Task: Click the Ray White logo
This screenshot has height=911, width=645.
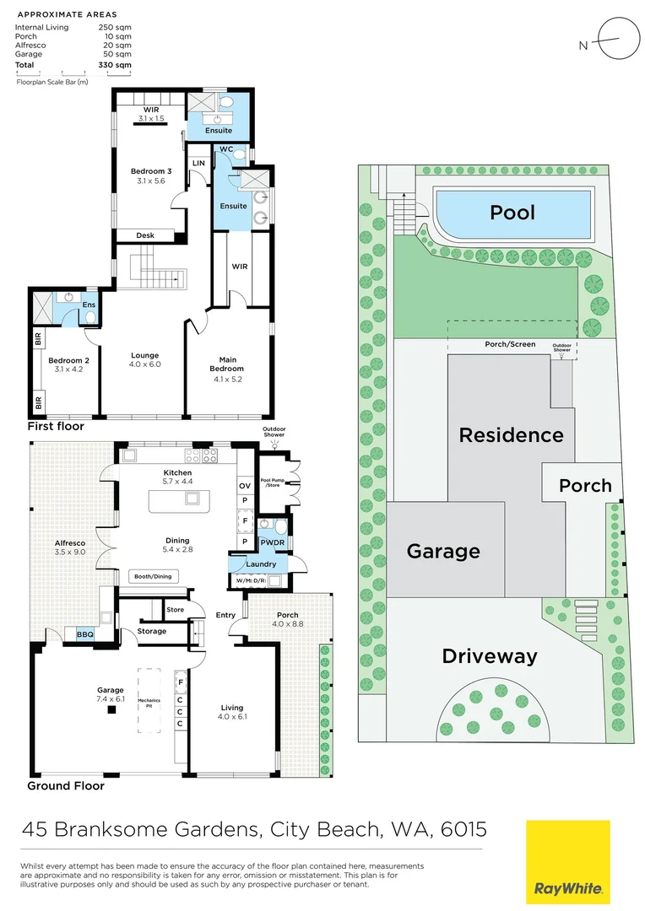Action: point(568,862)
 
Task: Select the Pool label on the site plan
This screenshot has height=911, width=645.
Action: point(512,212)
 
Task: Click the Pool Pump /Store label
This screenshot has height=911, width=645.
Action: point(272,483)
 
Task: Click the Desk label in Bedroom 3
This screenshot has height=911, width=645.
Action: point(145,235)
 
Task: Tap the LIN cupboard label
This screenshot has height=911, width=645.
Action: point(199,163)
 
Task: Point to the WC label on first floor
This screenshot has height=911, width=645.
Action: point(225,148)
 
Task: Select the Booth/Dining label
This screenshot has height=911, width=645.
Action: point(153,577)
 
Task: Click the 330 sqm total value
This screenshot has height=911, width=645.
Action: point(117,64)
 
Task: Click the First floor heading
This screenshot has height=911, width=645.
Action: point(56,426)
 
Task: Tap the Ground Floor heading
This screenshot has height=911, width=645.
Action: point(66,785)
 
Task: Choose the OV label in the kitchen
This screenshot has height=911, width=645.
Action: point(245,487)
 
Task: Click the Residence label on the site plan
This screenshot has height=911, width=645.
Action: point(511,435)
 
